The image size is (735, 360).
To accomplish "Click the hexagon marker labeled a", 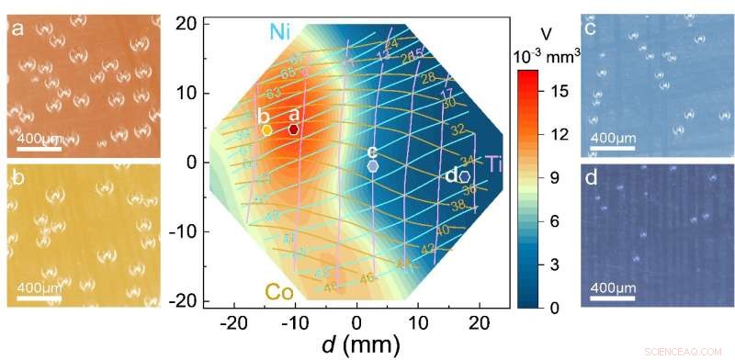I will (294, 129).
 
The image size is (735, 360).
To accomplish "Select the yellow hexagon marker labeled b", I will (266, 130).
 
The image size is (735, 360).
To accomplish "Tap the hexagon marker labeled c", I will (372, 167).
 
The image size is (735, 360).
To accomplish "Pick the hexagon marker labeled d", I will (465, 176).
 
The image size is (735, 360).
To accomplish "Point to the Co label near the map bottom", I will (280, 291).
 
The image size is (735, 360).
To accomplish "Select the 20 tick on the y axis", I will (189, 24).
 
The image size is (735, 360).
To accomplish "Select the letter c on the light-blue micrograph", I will (591, 28).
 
